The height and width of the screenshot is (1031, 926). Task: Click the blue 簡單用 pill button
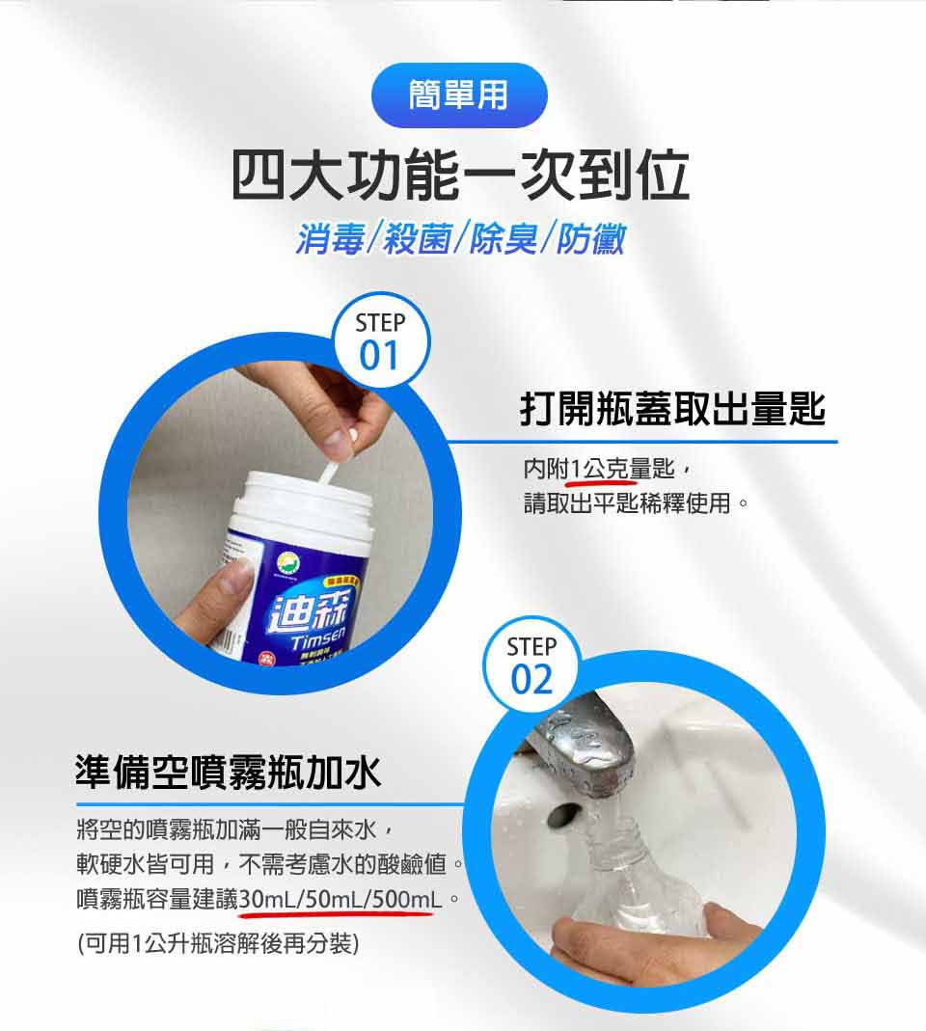458,95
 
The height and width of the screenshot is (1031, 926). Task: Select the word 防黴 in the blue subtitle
587,236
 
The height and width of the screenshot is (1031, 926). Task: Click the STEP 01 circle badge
380,341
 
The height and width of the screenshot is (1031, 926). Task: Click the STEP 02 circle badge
531,665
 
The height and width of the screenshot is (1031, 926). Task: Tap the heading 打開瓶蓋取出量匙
672,409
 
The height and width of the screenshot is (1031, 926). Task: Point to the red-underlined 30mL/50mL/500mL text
340,900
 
